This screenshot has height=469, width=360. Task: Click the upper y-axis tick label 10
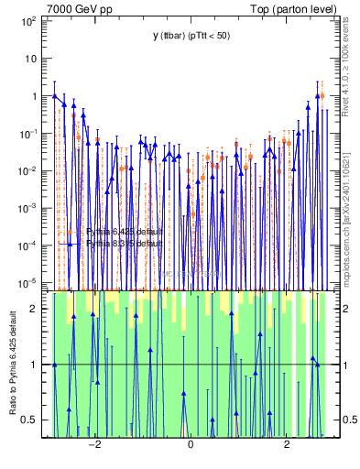click(x=30, y=58)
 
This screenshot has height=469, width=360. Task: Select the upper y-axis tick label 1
click(x=34, y=96)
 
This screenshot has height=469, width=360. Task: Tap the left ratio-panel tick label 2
click(x=34, y=309)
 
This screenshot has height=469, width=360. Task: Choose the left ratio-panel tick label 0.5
click(x=29, y=420)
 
